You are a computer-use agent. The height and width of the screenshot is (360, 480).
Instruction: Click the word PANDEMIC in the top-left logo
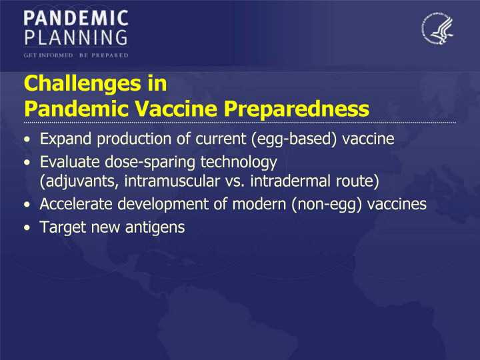click(76, 18)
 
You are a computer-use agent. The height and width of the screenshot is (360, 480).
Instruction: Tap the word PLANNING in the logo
click(76, 37)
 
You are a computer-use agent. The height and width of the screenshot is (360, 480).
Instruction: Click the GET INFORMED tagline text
click(49, 55)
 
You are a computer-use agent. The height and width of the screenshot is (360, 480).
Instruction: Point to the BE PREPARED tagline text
click(104, 55)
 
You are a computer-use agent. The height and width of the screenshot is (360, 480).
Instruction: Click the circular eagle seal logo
click(437, 29)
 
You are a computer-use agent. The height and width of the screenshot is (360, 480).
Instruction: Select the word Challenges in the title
click(83, 83)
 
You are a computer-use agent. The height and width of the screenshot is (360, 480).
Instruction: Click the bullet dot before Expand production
click(27, 139)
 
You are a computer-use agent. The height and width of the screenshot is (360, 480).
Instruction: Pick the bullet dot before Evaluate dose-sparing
click(27, 163)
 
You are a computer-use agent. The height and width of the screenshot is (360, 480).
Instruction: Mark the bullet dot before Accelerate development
click(27, 205)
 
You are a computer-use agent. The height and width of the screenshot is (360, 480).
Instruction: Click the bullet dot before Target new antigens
click(27, 228)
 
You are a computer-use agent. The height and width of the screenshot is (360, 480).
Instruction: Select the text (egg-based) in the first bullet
click(294, 139)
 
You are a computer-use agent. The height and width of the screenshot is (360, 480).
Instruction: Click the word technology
click(239, 163)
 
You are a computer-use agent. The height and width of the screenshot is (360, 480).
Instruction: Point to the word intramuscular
click(172, 181)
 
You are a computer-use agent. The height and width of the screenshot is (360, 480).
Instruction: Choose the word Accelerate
click(76, 204)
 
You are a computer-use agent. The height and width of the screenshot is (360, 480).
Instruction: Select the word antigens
click(155, 228)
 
